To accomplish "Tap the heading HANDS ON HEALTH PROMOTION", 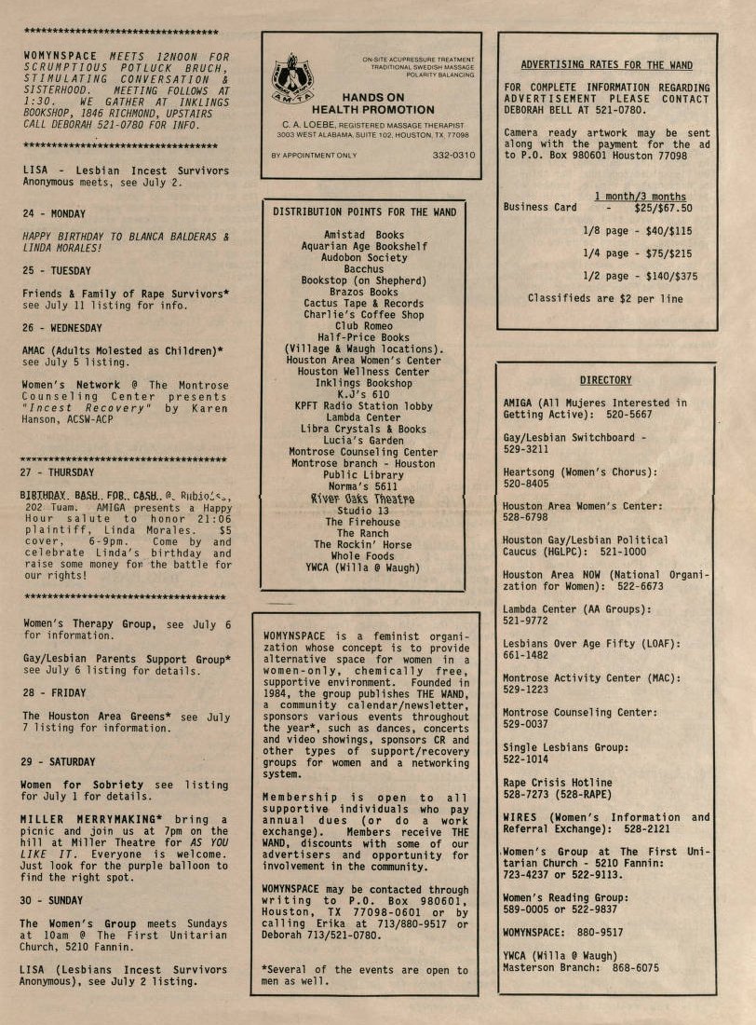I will click(x=374, y=103).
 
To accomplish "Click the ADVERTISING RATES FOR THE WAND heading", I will click(x=606, y=65).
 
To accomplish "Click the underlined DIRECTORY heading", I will click(x=605, y=380).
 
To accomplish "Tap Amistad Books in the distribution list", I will click(x=364, y=235).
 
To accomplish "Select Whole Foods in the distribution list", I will click(x=364, y=555).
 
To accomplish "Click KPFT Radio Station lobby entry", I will click(x=364, y=406).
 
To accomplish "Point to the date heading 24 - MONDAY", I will click(x=54, y=213).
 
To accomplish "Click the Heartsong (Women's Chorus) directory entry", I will click(x=579, y=478).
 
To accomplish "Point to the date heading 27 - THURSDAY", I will click(x=57, y=472).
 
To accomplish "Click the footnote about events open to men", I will click(x=365, y=976).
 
